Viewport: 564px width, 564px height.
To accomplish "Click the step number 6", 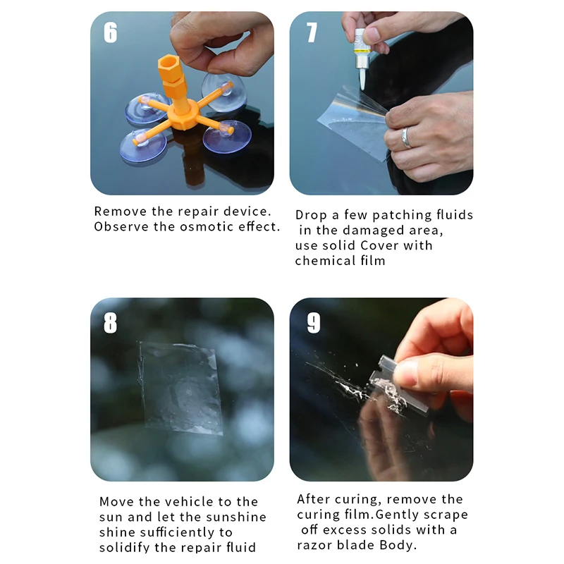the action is point(111,32).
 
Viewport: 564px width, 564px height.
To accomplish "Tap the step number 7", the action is point(312,32).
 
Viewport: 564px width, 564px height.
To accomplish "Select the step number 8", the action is point(111,323).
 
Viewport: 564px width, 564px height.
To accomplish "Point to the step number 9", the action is point(314,323).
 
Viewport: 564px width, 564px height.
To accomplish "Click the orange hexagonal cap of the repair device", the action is point(169,66).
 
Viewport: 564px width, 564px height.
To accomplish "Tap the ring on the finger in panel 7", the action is point(406,137).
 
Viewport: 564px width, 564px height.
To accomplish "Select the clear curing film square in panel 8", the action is point(180,388).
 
